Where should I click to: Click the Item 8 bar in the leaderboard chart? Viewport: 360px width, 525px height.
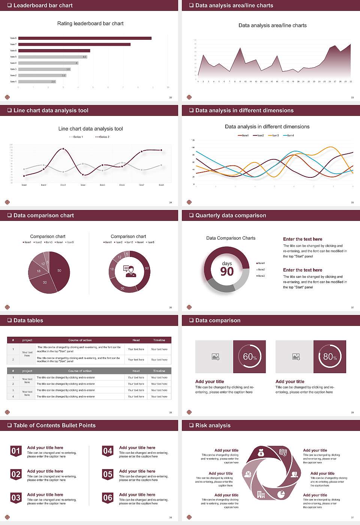point(85,38)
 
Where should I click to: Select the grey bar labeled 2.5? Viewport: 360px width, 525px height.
point(37,81)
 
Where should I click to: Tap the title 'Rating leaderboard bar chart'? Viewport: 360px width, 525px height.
point(90,23)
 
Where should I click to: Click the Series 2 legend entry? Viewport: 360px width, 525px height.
point(102,137)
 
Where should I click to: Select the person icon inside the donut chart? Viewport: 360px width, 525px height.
point(129,271)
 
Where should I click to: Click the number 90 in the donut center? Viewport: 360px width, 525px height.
point(227,271)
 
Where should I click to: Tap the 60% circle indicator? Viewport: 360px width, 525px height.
point(249,357)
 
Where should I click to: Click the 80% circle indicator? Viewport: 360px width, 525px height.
point(330,357)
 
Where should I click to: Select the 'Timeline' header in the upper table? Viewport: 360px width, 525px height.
point(159,340)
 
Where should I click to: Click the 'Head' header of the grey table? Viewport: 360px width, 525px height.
point(136,371)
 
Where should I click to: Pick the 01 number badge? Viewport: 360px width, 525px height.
point(16,451)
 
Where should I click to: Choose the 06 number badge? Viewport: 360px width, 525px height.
point(108,498)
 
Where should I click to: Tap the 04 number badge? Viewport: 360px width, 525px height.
point(108,451)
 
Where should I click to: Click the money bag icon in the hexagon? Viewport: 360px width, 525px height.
point(261,453)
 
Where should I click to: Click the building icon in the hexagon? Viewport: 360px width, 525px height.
point(261,495)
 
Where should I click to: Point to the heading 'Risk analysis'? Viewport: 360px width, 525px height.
point(213,425)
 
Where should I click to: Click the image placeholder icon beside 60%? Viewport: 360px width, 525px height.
point(215,357)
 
